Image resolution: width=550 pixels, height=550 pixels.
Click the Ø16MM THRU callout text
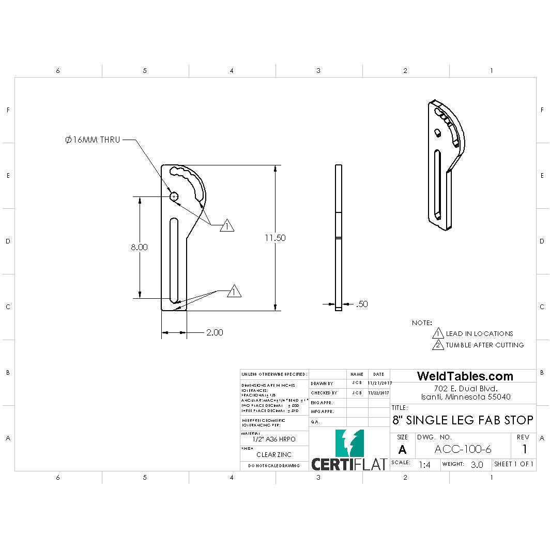point(93,140)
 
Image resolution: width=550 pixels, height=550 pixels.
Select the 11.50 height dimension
point(275,238)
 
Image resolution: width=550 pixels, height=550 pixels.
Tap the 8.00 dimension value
point(139,247)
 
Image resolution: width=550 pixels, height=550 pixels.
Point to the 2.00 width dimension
point(215,332)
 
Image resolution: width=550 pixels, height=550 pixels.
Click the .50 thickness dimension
point(362,304)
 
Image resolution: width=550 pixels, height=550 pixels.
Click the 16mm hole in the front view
point(174,196)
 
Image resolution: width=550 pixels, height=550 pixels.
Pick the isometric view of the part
point(446,165)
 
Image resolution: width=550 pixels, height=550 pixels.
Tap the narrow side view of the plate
point(339,238)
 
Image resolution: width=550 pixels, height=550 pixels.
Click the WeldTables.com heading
point(465,376)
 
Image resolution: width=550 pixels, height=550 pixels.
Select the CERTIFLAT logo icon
point(349,443)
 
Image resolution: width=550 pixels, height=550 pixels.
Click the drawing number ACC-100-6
point(463,449)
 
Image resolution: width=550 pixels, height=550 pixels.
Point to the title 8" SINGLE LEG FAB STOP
point(463,420)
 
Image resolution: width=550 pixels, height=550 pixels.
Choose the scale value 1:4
point(424,465)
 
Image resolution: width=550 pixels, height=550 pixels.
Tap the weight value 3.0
point(477,465)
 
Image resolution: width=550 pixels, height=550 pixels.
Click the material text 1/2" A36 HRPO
point(274,439)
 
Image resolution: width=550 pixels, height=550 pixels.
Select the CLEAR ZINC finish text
point(274,455)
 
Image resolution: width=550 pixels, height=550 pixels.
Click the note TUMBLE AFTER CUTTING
point(484,345)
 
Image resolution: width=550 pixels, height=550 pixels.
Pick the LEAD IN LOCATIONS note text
point(479,333)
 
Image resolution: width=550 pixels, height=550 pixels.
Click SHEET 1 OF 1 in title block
point(514,464)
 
